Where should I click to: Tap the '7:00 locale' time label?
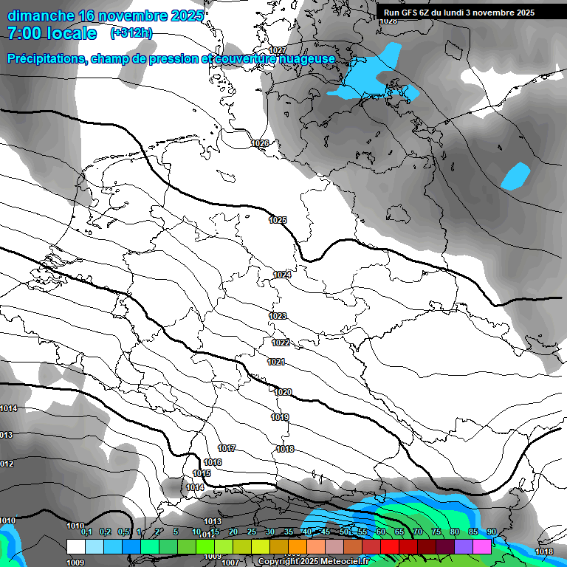(x=51, y=33)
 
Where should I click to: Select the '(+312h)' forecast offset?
(x=131, y=33)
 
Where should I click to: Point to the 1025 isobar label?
(x=278, y=220)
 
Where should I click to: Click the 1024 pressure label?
(x=281, y=275)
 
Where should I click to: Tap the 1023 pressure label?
(x=278, y=316)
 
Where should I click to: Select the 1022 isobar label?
(x=281, y=343)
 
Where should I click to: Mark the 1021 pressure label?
(x=276, y=362)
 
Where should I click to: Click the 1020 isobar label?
(x=283, y=392)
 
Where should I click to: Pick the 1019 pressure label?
(x=280, y=417)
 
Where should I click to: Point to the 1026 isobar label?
(x=260, y=143)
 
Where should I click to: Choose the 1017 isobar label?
(x=227, y=449)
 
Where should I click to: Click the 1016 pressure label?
(x=213, y=462)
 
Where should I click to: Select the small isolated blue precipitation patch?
(x=515, y=176)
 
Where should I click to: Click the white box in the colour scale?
(x=75, y=546)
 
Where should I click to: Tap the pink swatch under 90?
(x=482, y=546)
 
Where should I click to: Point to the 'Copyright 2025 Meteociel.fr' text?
(x=314, y=561)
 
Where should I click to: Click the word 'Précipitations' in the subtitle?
(x=46, y=58)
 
